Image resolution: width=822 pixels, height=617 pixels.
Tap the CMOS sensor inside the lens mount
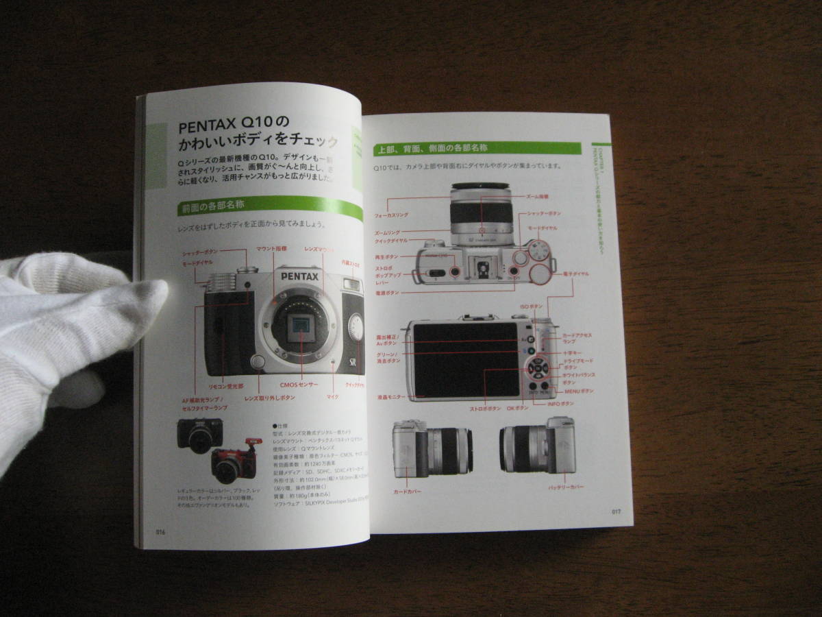pyautogui.click(x=300, y=330)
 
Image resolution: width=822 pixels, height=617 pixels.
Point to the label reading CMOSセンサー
pyautogui.click(x=299, y=385)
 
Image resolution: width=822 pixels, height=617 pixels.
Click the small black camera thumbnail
pyautogui.click(x=199, y=435)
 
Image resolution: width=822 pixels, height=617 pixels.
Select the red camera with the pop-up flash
pyautogui.click(x=234, y=461)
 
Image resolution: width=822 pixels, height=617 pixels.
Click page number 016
pyautogui.click(x=160, y=531)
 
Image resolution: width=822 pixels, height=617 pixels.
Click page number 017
pyautogui.click(x=615, y=511)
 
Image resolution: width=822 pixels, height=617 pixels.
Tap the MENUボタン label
pyautogui.click(x=579, y=391)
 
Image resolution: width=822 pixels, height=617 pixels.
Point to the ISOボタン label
pyautogui.click(x=532, y=306)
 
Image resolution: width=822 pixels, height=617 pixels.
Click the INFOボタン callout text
pyautogui.click(x=560, y=404)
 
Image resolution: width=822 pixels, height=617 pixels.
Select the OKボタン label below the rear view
pyautogui.click(x=517, y=408)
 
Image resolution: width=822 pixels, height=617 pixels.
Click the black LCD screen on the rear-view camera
pyautogui.click(x=465, y=359)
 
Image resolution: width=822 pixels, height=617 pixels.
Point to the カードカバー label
pyautogui.click(x=407, y=492)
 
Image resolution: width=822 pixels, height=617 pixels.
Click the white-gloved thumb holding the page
pyautogui.click(x=130, y=295)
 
